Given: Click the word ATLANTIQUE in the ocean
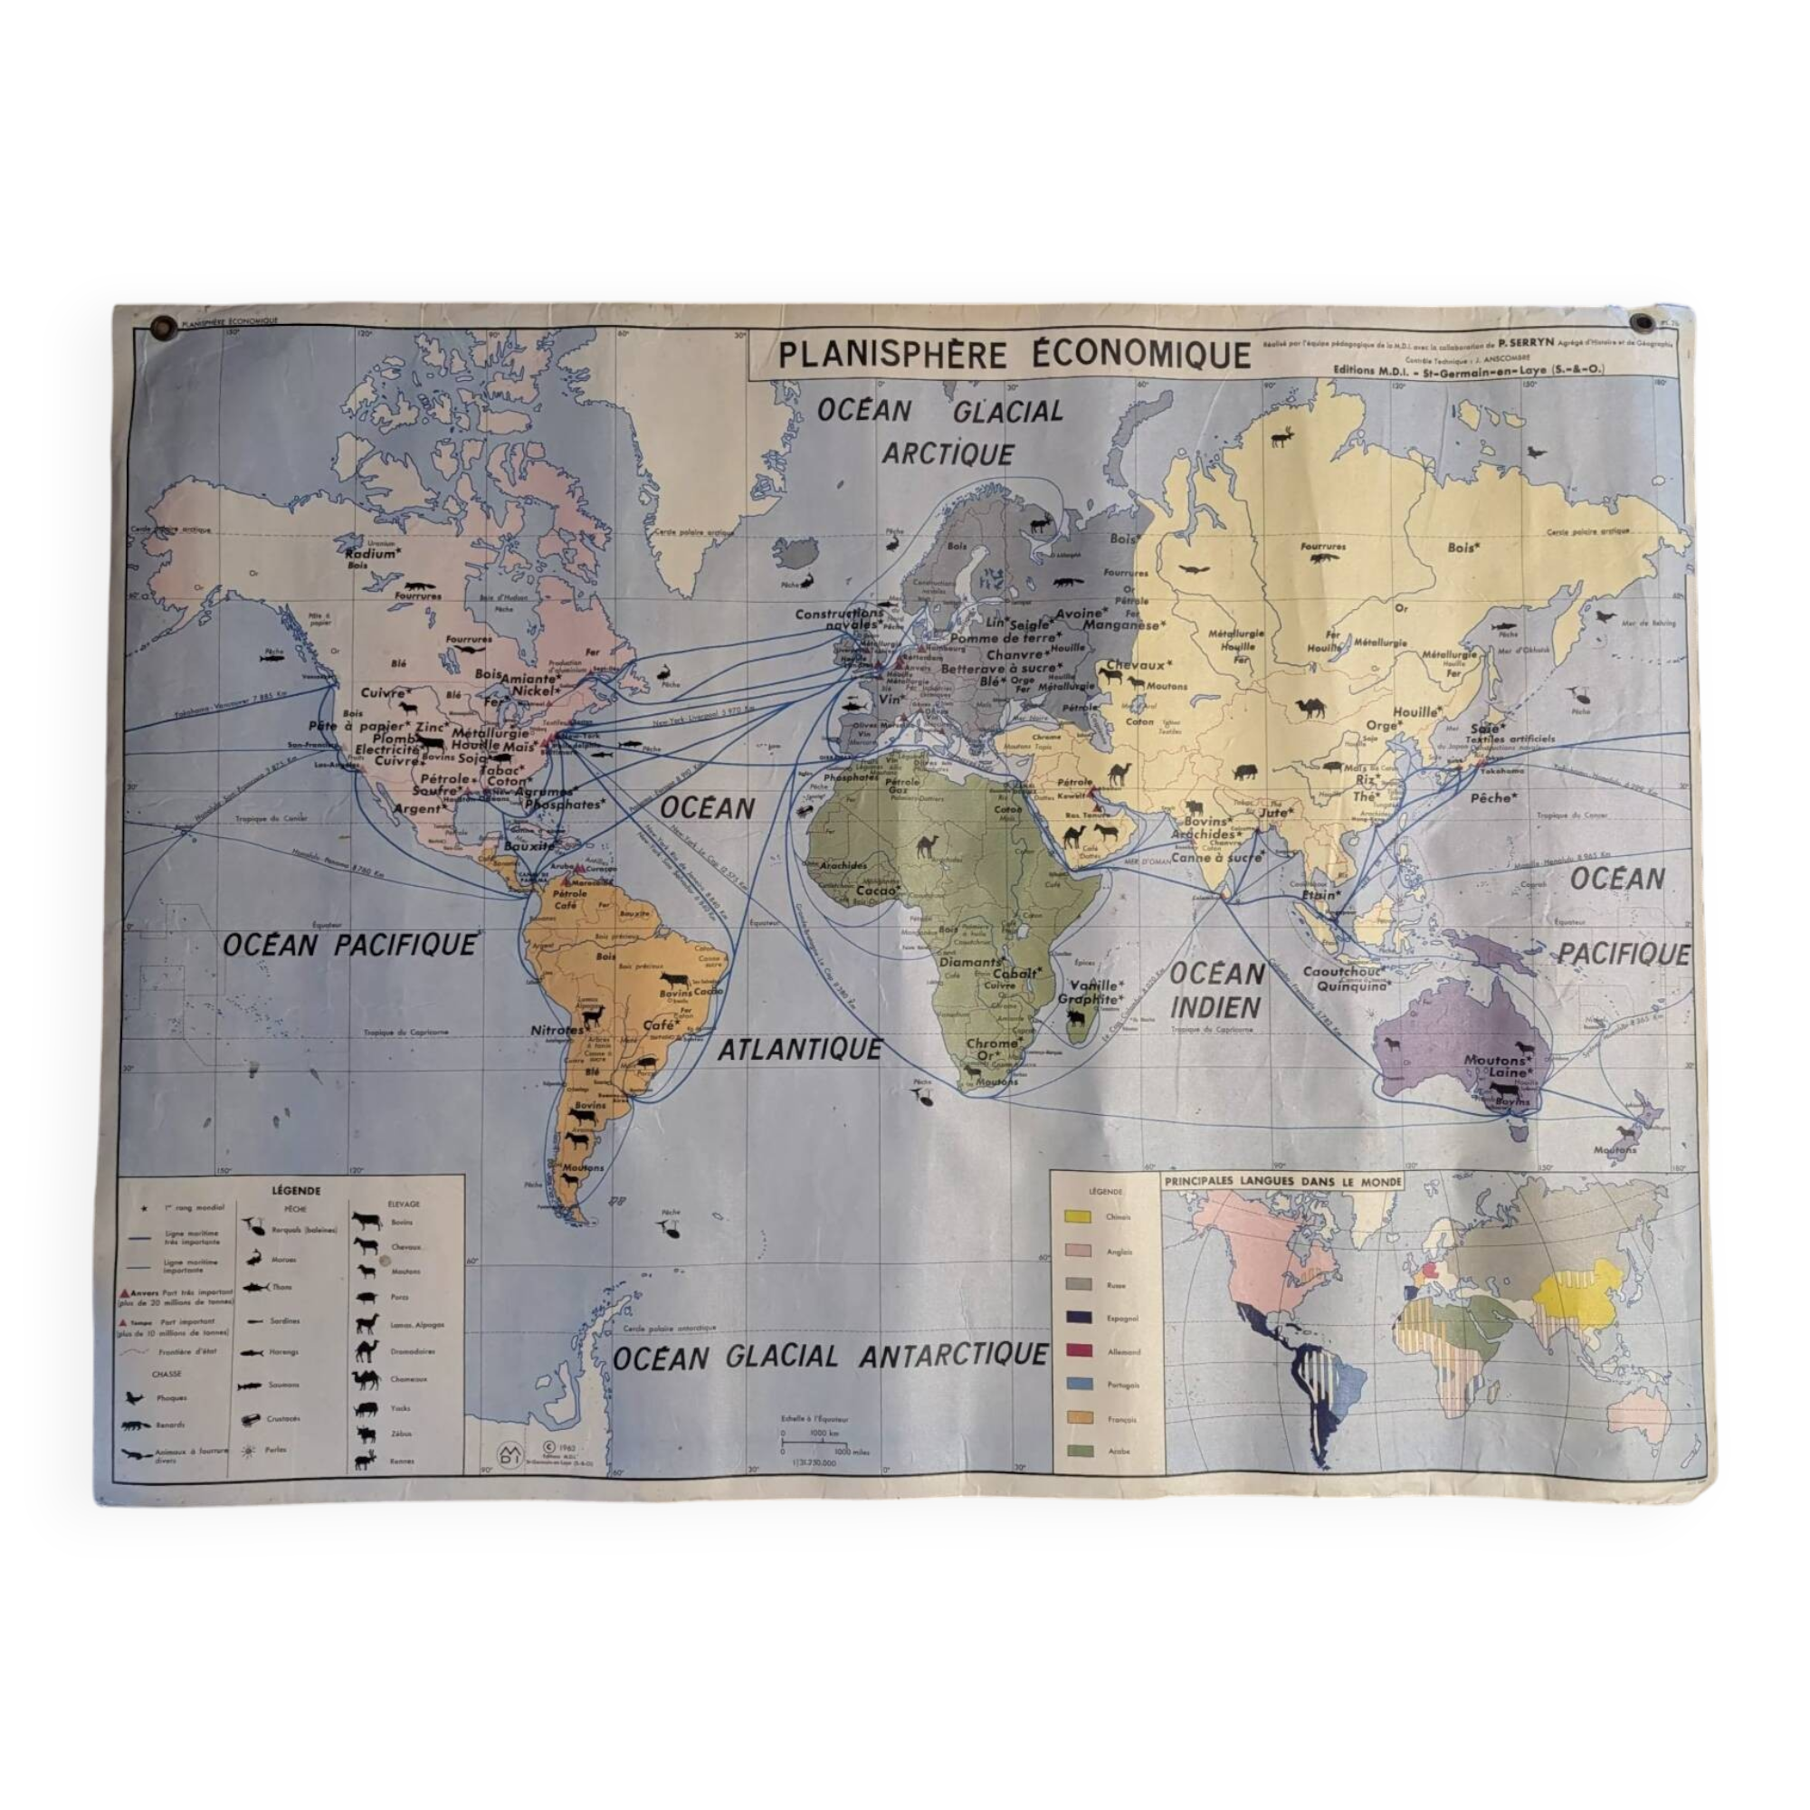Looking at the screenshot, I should click(799, 1050).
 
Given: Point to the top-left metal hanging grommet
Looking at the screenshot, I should click(165, 326).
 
